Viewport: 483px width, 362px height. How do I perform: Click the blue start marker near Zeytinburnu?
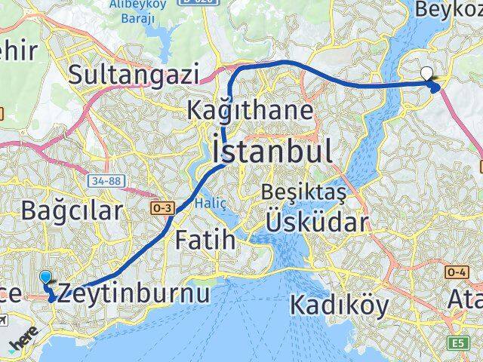tap(45, 278)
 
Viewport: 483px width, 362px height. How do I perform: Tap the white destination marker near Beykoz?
tap(427, 74)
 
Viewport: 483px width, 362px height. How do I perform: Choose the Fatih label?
tap(205, 241)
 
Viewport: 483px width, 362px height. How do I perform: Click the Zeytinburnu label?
tap(134, 293)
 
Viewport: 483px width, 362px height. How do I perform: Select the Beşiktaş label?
tap(303, 192)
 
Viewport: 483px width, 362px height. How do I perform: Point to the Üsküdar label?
tap(316, 222)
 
